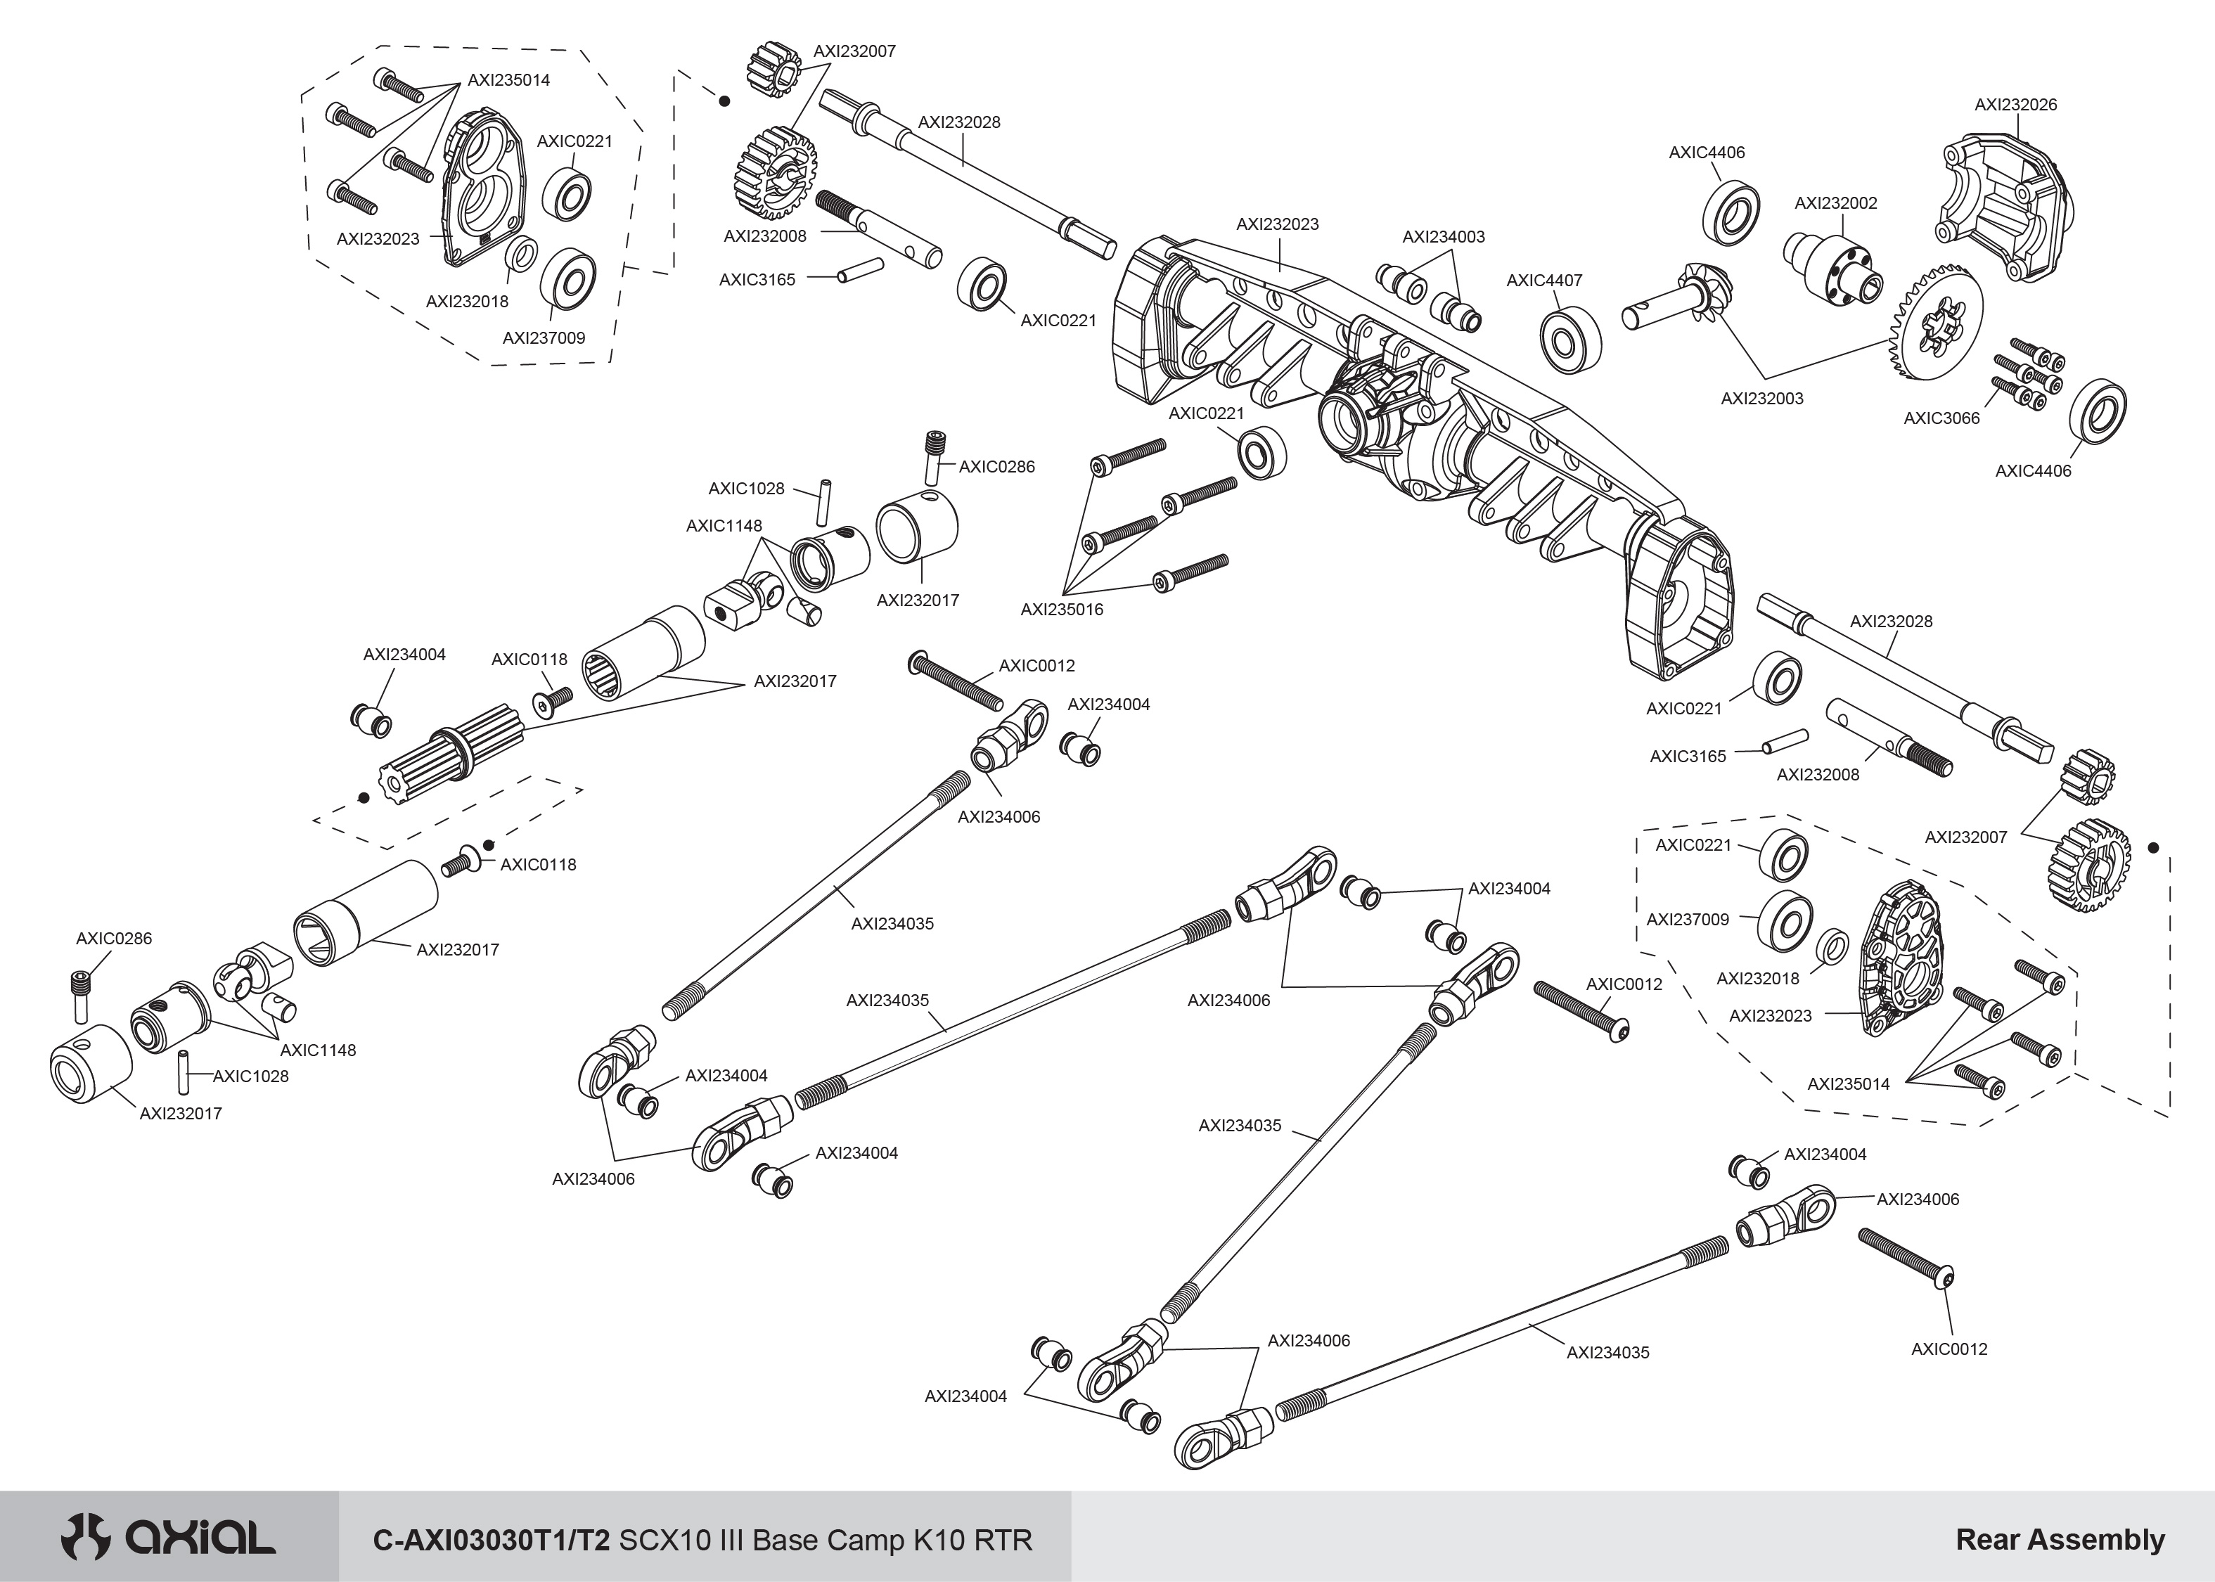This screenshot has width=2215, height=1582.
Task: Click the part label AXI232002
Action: pos(1835,204)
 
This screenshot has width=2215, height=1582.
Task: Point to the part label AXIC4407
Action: pos(1544,281)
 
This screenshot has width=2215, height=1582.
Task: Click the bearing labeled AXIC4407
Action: pos(1570,340)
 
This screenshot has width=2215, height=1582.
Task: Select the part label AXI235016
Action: pos(1061,610)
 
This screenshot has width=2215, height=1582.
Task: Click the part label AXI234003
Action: pos(1443,237)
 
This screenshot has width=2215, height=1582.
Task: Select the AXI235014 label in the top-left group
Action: pos(508,80)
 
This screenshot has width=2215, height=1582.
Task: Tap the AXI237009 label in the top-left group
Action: pos(544,338)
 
